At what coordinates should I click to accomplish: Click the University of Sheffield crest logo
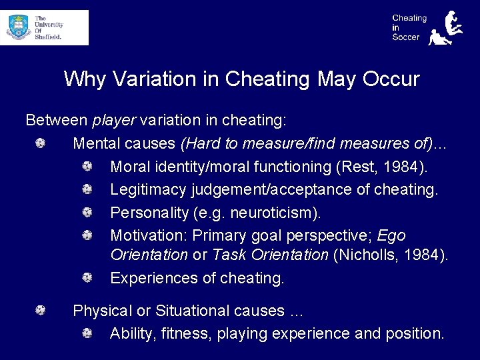tap(18, 27)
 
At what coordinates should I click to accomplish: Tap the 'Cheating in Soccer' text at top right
tap(409, 27)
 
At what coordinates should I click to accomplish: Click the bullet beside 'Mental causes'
tap(41, 143)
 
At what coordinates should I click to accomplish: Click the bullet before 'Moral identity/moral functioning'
tap(87, 166)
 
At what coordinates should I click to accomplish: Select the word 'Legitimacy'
tap(148, 189)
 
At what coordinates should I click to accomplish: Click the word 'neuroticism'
tap(273, 213)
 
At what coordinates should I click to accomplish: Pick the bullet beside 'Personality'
tap(87, 213)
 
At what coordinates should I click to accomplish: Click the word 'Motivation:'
tap(149, 236)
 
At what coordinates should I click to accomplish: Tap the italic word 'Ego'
tap(391, 236)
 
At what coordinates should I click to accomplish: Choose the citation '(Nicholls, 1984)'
tap(390, 255)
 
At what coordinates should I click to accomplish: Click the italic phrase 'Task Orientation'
tap(270, 255)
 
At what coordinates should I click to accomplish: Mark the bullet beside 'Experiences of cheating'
tap(87, 277)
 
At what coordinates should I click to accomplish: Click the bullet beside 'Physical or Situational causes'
tap(41, 310)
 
